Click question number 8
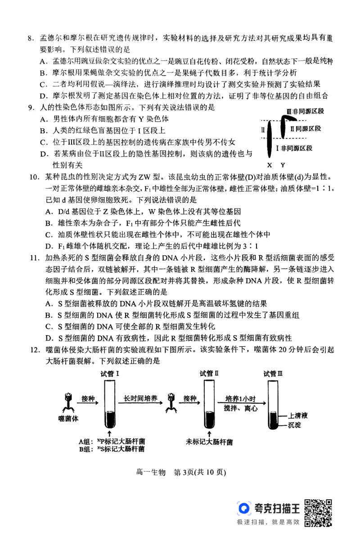(30, 40)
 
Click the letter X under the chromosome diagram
(269, 165)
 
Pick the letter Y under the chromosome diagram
(283, 165)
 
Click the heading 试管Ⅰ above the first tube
(110, 373)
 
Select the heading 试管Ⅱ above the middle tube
(210, 373)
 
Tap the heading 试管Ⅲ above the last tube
(273, 373)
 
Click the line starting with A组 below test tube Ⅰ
(112, 441)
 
